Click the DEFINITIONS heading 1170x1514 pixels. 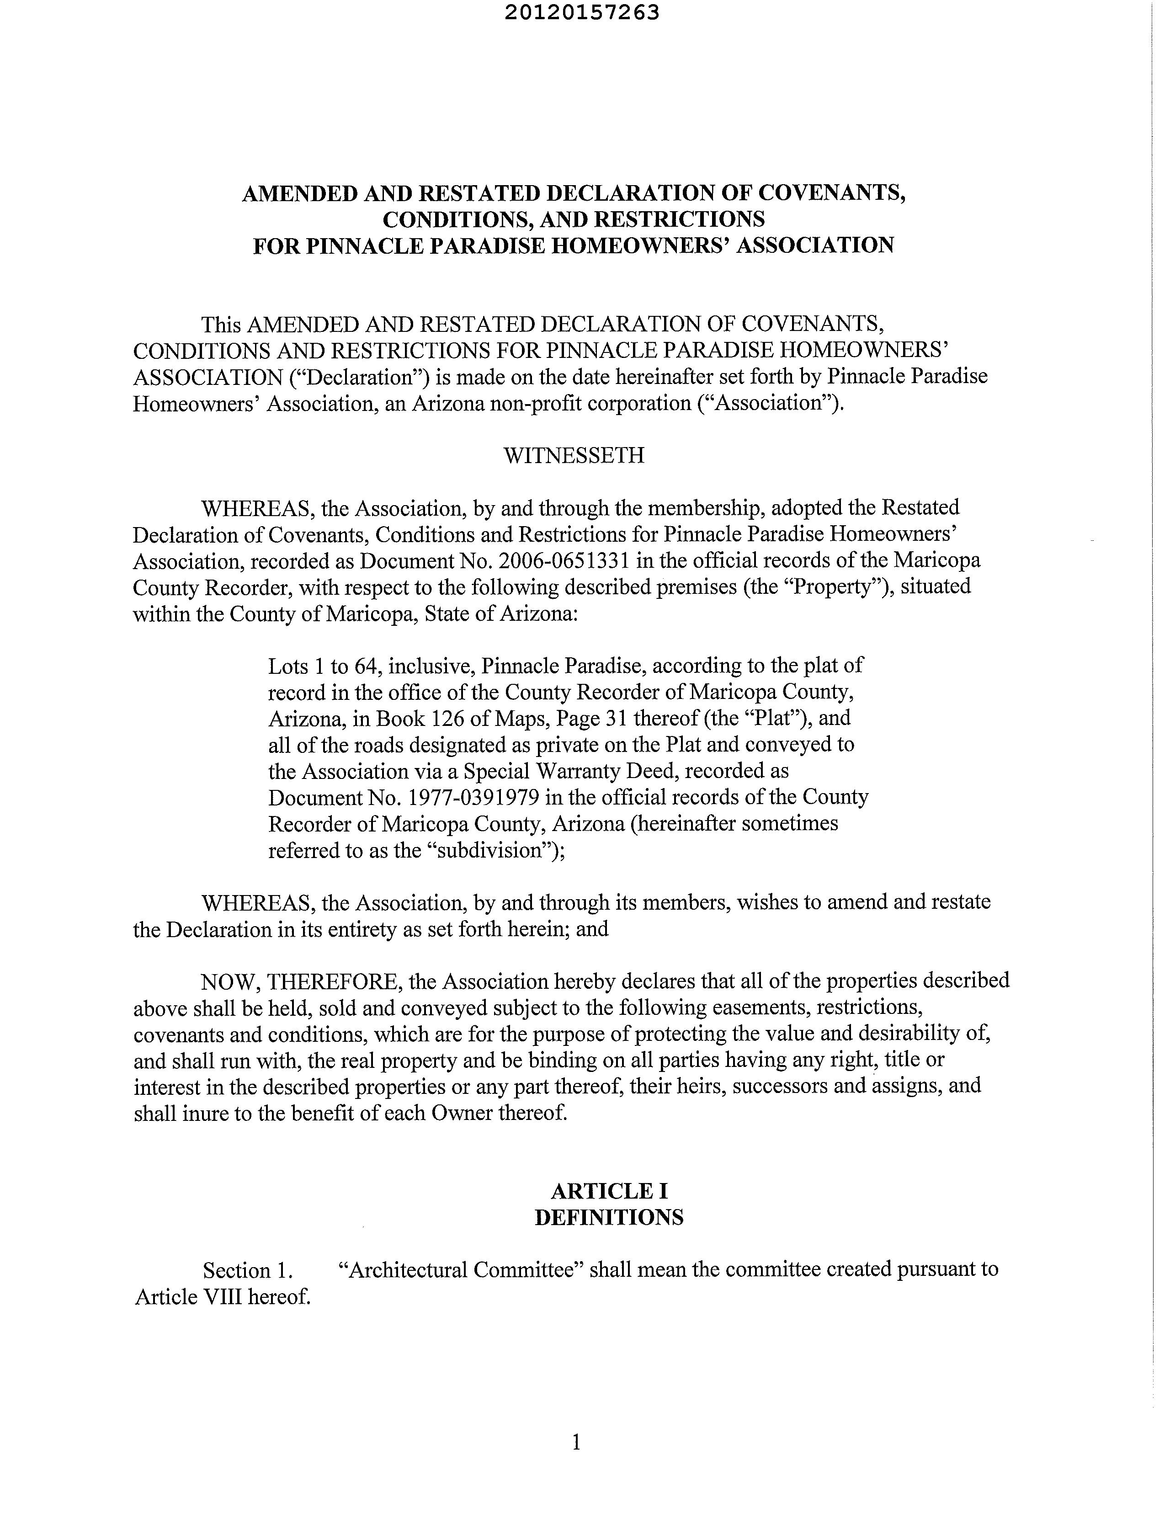(x=609, y=1217)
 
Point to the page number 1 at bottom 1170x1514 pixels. (x=575, y=1443)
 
